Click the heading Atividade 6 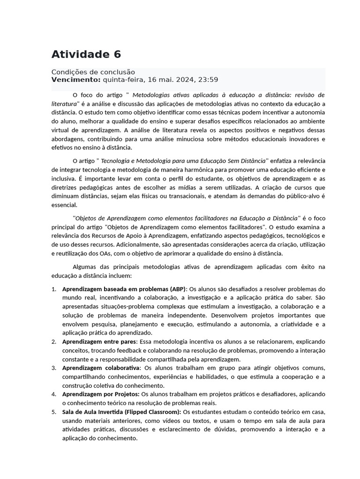coord(86,54)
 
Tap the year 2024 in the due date coord(184,80)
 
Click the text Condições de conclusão coord(93,72)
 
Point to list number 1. coord(53,289)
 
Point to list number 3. coord(53,368)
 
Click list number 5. coord(53,412)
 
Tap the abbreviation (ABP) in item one coord(177,289)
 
